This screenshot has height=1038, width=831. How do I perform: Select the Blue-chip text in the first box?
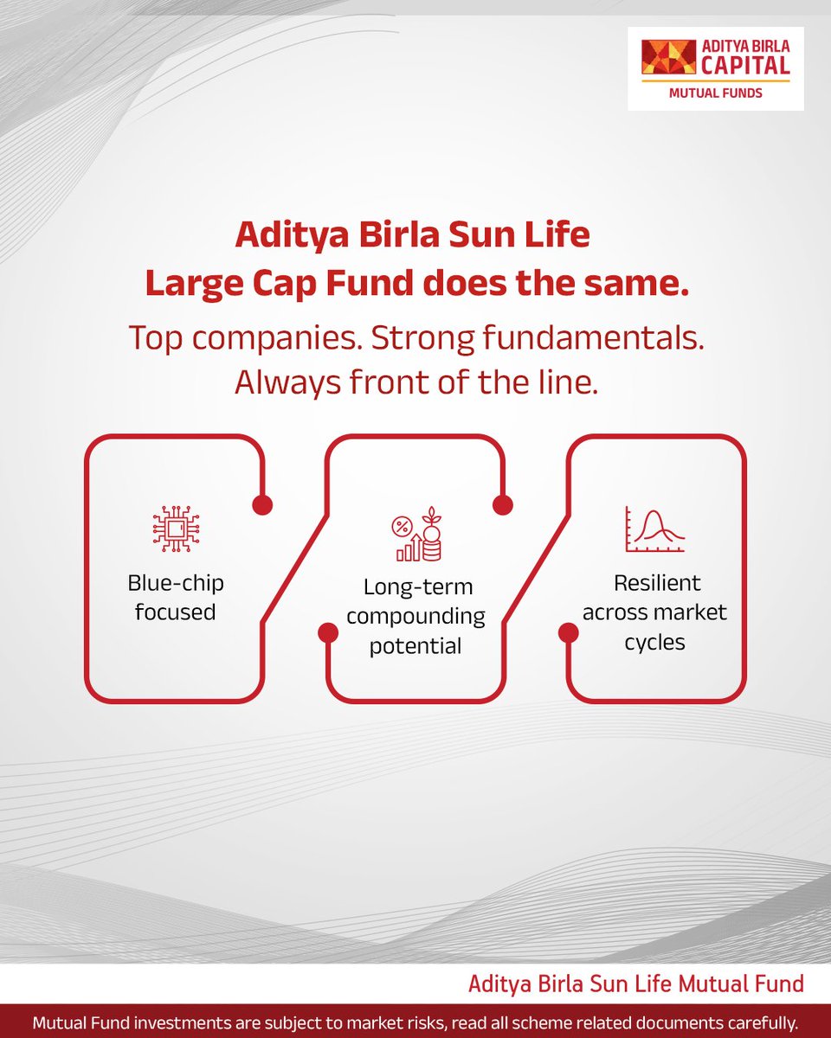[174, 583]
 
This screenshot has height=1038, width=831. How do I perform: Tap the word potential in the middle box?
[415, 646]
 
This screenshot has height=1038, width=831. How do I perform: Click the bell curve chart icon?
[654, 530]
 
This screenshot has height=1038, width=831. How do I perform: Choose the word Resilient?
[655, 583]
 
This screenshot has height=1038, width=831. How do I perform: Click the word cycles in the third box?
[655, 643]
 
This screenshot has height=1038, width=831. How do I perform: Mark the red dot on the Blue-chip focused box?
[261, 504]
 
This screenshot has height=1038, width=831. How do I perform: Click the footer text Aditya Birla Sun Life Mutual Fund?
[635, 984]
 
